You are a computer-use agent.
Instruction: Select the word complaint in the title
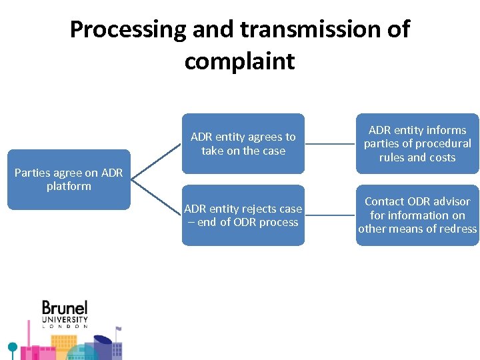(239, 61)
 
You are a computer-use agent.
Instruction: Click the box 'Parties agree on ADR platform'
(69, 179)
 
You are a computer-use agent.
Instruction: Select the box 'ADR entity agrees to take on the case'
(243, 143)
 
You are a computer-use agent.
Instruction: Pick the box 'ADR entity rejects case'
(243, 215)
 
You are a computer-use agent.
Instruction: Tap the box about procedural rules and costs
(417, 143)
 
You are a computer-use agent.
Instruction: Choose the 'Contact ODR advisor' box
(417, 215)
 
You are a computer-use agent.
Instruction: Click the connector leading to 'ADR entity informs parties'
(330, 143)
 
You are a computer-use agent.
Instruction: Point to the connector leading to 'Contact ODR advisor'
(330, 215)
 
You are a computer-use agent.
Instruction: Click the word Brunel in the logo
(65, 308)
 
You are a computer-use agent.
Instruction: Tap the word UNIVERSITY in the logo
(65, 319)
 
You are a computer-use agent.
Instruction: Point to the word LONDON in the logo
(65, 326)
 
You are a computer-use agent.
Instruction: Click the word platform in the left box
(69, 186)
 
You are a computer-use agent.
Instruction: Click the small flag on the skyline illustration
(118, 329)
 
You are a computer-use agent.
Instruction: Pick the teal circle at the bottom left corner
(11, 347)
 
